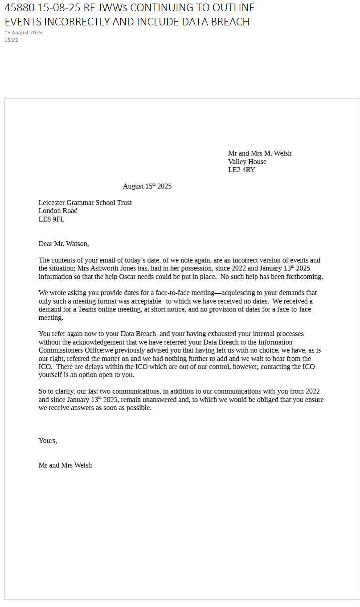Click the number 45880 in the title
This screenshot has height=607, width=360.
20,8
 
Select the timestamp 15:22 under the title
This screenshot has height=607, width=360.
11,40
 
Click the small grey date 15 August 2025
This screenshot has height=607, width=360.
23,33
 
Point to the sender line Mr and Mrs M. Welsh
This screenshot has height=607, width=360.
260,153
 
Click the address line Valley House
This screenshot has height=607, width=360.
247,162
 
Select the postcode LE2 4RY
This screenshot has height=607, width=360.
241,170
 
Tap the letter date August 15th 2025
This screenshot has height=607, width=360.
147,186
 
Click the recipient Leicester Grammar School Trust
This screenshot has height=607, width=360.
85,203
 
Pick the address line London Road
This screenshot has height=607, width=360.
58,211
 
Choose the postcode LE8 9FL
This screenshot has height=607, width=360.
51,219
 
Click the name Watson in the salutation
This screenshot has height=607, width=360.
77,244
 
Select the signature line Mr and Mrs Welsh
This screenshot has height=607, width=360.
65,465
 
